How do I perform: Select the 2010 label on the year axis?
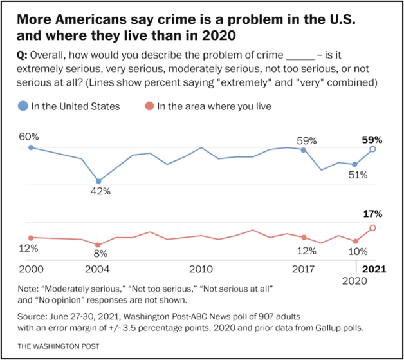click(x=201, y=269)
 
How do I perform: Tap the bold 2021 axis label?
click(x=373, y=269)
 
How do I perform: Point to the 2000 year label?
click(x=30, y=269)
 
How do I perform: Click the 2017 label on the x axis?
click(x=304, y=269)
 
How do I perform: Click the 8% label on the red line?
click(x=98, y=255)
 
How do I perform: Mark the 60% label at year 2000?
click(x=29, y=137)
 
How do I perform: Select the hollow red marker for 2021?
click(x=372, y=228)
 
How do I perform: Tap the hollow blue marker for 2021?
click(x=372, y=149)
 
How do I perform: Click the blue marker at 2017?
click(x=304, y=149)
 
